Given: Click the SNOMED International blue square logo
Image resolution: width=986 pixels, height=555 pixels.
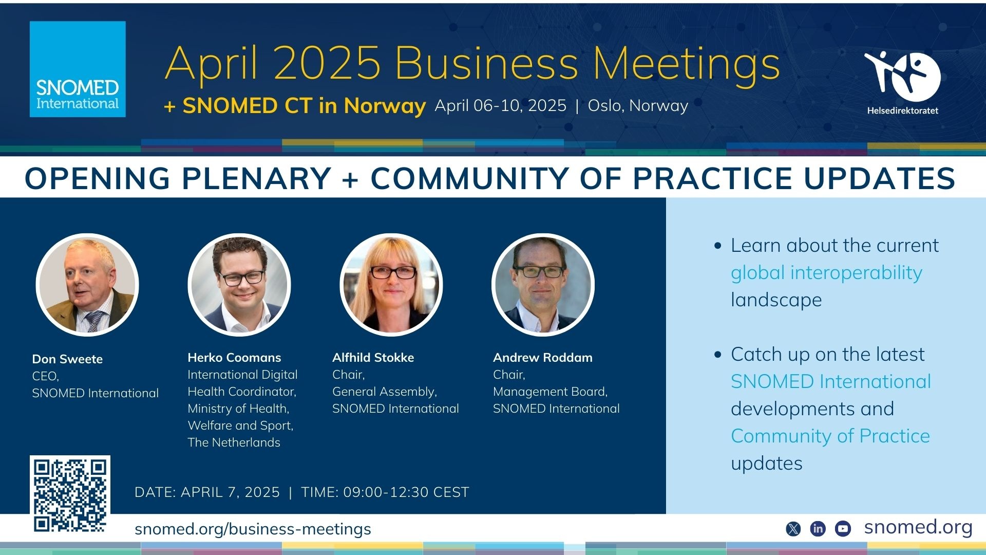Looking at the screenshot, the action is pos(78,69).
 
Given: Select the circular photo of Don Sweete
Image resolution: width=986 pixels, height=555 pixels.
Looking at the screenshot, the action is pos(87,285).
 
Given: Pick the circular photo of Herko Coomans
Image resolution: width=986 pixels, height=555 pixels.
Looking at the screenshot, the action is pos(239,285).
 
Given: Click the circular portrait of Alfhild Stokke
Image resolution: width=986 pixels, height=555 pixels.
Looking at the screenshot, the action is pos(391,285).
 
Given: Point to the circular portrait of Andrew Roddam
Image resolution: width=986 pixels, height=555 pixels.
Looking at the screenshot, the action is pos(543,285).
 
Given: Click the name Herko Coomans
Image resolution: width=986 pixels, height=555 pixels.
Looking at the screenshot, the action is pos(234,358).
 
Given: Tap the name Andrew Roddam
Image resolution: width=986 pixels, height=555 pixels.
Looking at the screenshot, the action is pos(543,358).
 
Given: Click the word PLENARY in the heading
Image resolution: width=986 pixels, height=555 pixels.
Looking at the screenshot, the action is pos(256,178).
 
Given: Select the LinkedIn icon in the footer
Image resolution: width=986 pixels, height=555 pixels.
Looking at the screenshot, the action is pos(818,528).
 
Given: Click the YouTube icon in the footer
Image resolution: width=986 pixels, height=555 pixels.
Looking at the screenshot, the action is pos(843,528).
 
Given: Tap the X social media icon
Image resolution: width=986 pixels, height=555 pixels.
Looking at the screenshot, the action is pos(793,528).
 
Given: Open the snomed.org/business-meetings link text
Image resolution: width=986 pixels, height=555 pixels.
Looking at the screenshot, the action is pos(253,529).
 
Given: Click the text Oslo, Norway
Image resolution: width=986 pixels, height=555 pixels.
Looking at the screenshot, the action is pos(638,106).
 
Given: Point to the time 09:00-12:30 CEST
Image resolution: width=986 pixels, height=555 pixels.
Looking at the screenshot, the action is pos(406,492).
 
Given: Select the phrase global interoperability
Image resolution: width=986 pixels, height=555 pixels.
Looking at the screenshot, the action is pos(826,273).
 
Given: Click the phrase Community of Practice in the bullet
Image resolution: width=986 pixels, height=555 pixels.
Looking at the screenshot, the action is pos(830,436).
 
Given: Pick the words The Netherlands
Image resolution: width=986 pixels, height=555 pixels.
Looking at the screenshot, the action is pos(234,442).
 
